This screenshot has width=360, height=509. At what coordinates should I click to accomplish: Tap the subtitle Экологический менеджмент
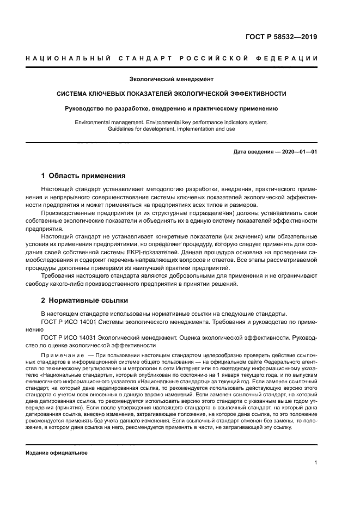170,79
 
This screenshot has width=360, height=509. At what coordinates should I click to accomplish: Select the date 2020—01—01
297,152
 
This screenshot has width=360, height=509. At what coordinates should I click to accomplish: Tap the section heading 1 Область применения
83,176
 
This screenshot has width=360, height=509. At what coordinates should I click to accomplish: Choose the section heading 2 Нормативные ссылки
85,301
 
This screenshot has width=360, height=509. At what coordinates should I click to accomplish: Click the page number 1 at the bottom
315,463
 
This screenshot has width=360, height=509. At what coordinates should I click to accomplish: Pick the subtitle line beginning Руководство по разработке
171,108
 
